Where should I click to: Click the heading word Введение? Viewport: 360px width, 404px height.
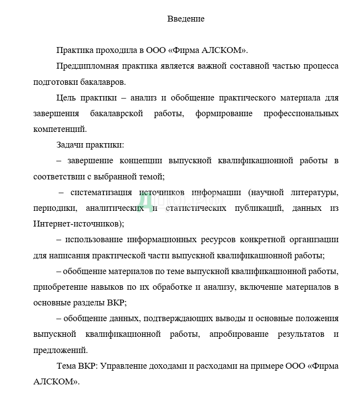[186, 19]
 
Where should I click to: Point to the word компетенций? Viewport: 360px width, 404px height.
[60, 129]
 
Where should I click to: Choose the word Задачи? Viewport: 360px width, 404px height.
[69, 145]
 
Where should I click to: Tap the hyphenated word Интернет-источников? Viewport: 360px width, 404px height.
[77, 224]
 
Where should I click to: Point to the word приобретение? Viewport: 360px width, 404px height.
[61, 287]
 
